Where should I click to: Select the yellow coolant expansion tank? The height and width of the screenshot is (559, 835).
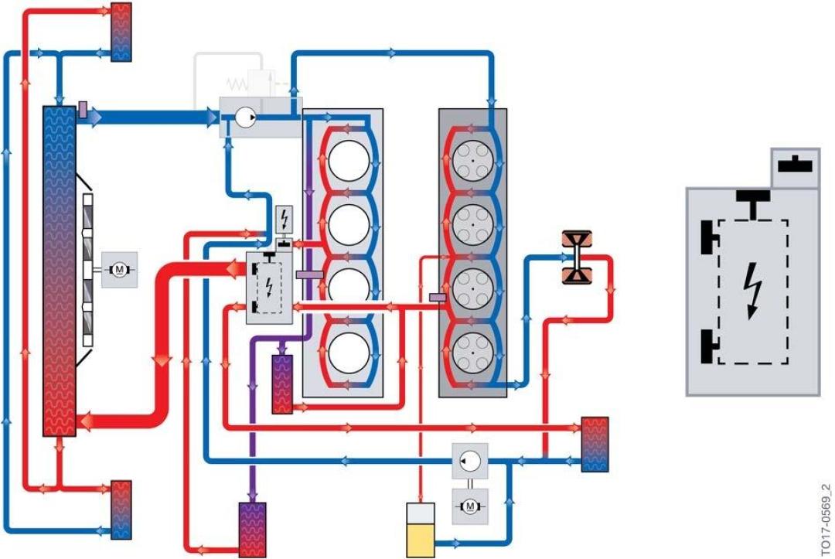coord(420,530)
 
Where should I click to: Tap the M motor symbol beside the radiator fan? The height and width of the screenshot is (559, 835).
coord(119,270)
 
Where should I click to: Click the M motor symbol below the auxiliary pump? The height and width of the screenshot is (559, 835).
coord(470,506)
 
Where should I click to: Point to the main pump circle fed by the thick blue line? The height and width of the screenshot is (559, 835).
coord(246,117)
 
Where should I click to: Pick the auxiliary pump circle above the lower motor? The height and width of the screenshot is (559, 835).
coord(470,461)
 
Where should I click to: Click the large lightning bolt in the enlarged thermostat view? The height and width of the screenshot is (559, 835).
coord(752,291)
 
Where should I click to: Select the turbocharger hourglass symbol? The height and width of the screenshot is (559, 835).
coord(577,257)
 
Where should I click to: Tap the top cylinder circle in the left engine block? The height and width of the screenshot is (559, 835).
coord(349,161)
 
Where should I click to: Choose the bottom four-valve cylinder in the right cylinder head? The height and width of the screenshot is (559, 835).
coord(472,352)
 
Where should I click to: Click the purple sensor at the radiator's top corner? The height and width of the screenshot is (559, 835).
coord(83,110)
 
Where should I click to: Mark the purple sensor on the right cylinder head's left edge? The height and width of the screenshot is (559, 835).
coord(437,297)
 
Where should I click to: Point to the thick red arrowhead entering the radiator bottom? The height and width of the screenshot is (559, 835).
coord(87,421)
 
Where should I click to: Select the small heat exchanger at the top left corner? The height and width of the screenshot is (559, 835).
coord(121,32)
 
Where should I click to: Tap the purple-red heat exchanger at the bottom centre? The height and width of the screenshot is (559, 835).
coord(252,530)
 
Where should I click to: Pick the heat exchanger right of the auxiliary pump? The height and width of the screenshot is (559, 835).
coord(595,445)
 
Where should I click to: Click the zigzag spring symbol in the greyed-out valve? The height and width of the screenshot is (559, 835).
coord(237,84)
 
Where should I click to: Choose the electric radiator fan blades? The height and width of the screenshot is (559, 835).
coord(88,270)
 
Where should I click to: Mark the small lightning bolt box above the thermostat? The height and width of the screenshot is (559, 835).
coord(285,219)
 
